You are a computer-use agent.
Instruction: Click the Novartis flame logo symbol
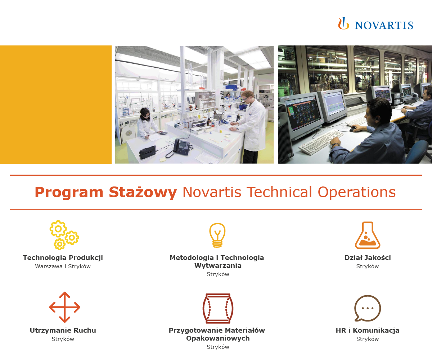click(343, 24)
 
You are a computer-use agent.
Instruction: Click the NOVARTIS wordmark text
click(384, 25)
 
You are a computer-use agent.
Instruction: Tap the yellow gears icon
click(64, 235)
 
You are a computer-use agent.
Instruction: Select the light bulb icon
click(217, 235)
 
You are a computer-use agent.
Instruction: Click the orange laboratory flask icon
click(367, 235)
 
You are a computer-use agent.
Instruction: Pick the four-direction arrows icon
click(64, 307)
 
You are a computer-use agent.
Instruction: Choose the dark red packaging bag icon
click(217, 309)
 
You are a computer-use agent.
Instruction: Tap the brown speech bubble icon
click(367, 308)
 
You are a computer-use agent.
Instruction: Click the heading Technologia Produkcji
click(63, 258)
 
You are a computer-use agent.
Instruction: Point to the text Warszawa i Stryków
click(63, 266)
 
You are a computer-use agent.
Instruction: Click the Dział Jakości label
click(368, 258)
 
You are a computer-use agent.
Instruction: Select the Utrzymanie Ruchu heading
click(63, 330)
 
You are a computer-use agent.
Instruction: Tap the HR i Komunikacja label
click(368, 330)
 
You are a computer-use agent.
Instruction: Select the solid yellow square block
click(56, 105)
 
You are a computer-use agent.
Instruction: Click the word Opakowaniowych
click(218, 338)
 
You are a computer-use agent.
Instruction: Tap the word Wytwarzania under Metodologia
click(218, 266)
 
